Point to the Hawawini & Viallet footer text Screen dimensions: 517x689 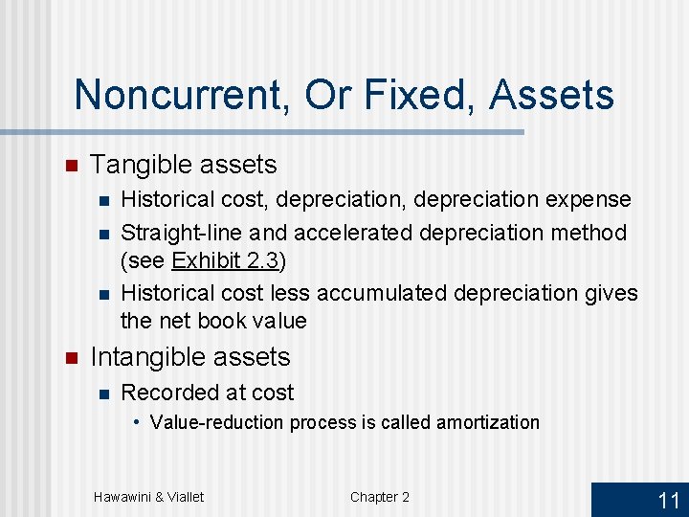(148, 497)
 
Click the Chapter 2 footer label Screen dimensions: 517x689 (380, 497)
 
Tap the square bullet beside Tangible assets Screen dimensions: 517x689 (69, 165)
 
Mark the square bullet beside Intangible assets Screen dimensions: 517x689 (69, 357)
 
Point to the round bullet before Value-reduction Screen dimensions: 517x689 (138, 422)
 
